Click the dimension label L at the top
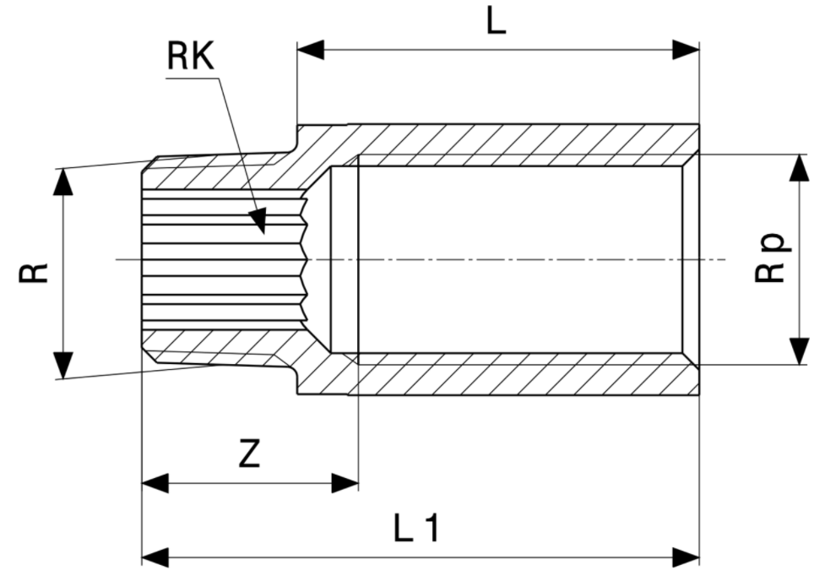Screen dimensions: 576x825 (x=497, y=21)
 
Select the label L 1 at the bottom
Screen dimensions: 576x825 (x=417, y=529)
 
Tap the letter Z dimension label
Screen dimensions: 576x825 (x=248, y=454)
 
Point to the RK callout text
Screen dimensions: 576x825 (x=191, y=57)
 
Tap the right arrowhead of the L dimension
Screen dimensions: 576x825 (x=687, y=50)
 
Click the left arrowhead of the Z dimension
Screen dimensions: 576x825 (x=155, y=483)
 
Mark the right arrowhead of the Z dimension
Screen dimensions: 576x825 (x=345, y=483)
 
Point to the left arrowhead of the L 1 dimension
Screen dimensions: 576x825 (x=155, y=557)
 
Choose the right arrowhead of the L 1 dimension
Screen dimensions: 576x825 (x=687, y=557)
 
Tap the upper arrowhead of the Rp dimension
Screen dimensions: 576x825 (x=799, y=167)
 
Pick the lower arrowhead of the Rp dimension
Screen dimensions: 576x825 (x=799, y=351)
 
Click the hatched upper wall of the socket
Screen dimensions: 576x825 (x=524, y=139)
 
